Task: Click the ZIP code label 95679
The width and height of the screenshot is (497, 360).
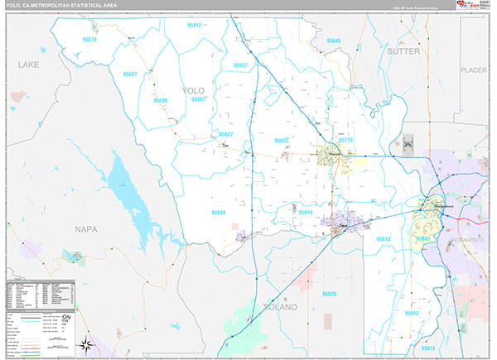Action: (x=89, y=40)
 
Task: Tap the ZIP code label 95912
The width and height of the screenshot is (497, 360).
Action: (x=195, y=26)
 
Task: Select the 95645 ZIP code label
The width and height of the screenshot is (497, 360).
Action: (x=334, y=41)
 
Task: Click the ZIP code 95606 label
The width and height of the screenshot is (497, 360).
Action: (x=160, y=101)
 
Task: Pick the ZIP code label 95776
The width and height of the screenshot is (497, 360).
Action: (x=345, y=141)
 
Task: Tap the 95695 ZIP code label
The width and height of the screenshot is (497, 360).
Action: (x=282, y=141)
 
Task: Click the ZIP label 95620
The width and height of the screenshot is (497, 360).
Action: (x=329, y=294)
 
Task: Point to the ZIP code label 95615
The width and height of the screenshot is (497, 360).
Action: (x=427, y=349)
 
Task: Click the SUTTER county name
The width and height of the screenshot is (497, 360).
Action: (x=403, y=51)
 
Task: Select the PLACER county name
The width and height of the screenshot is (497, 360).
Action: (x=474, y=70)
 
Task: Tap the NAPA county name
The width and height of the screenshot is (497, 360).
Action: (x=85, y=228)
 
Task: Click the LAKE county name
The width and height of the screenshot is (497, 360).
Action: (x=29, y=64)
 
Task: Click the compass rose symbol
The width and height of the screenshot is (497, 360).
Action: (x=84, y=345)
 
